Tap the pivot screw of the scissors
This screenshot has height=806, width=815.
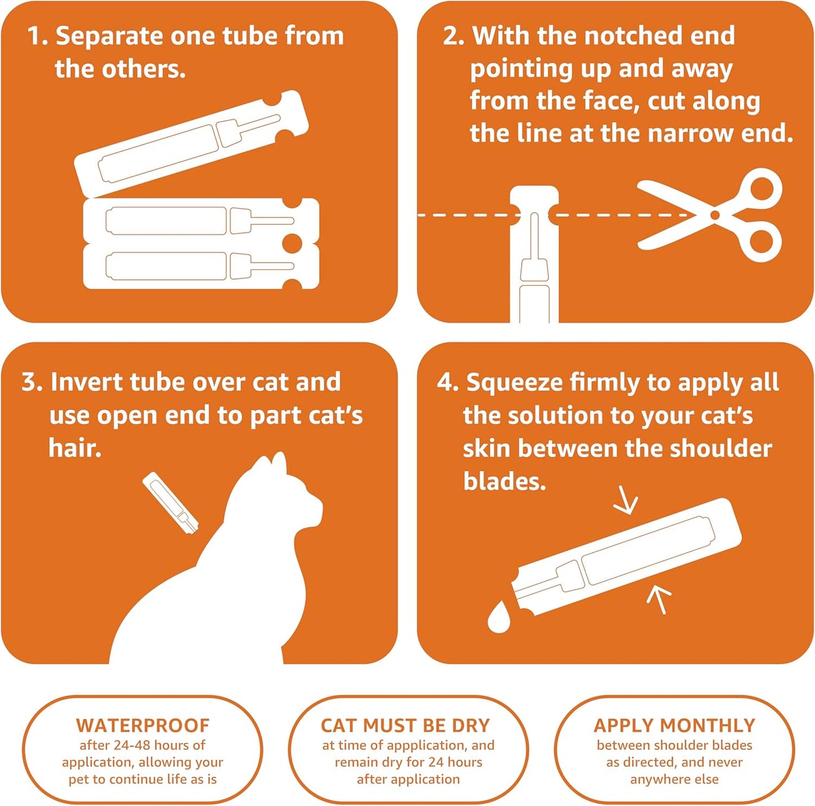[715, 215]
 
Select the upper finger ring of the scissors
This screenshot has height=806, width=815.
[761, 188]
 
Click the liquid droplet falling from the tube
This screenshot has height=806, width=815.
[499, 618]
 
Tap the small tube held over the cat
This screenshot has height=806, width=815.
[170, 503]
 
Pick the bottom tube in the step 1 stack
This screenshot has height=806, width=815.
[200, 266]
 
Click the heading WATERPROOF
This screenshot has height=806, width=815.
[143, 725]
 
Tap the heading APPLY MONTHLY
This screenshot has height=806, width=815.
[674, 725]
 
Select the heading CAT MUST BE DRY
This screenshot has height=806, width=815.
[405, 725]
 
